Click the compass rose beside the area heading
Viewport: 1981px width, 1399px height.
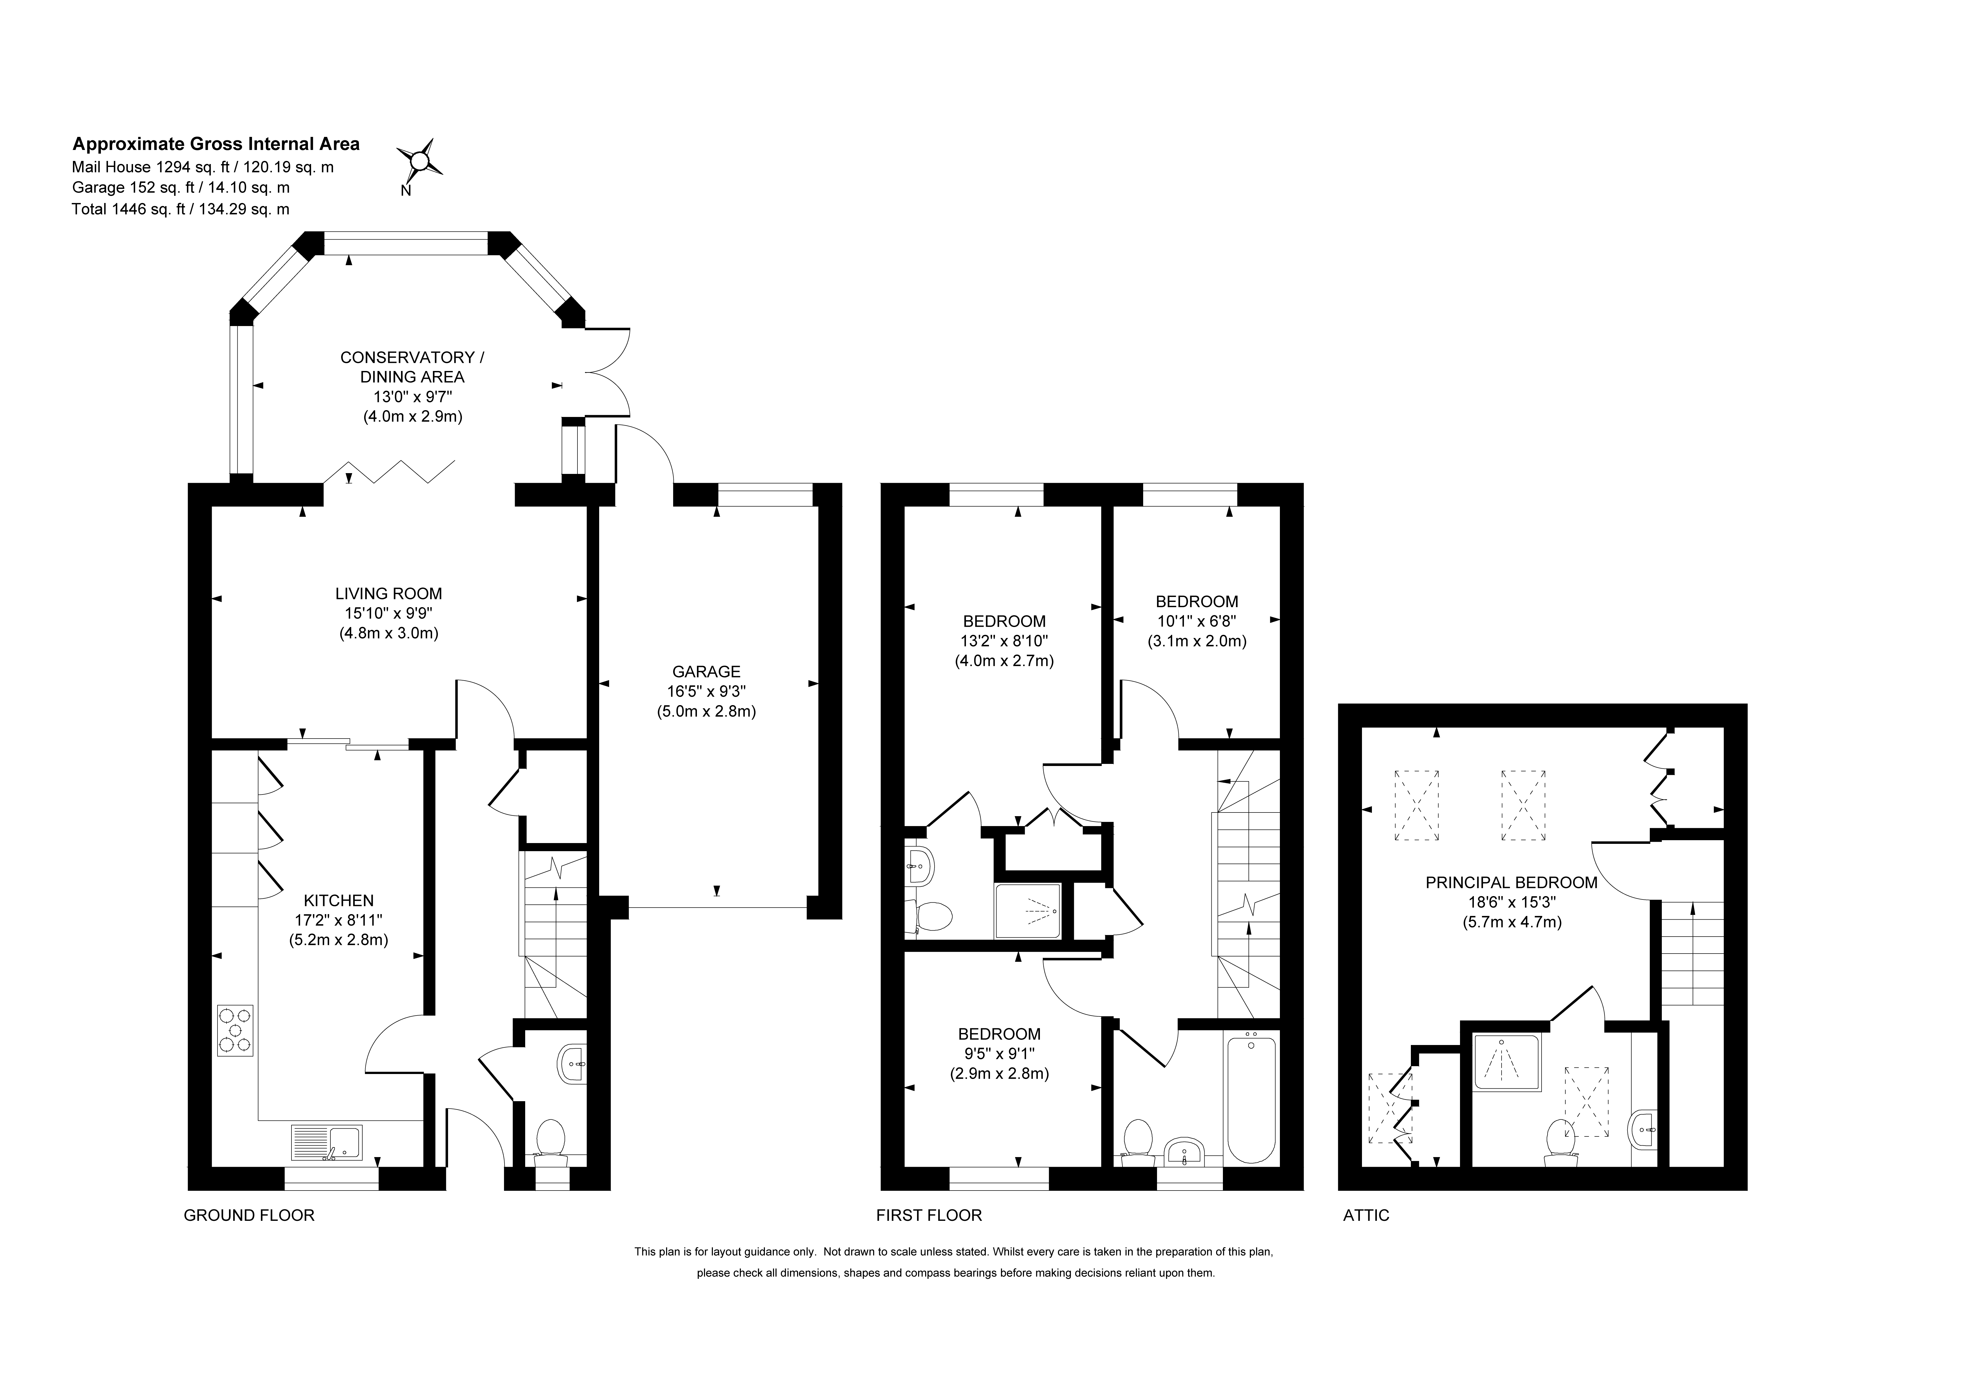(x=419, y=160)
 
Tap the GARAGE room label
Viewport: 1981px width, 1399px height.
(x=707, y=671)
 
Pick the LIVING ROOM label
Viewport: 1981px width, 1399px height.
(x=388, y=593)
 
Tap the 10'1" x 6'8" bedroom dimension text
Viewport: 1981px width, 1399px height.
(x=1197, y=621)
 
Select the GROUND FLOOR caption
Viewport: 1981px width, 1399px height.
(x=249, y=1215)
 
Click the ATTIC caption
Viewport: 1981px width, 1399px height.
(x=1367, y=1215)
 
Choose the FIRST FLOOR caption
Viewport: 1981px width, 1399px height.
(x=929, y=1215)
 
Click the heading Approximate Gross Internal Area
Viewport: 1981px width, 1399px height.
(x=216, y=144)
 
